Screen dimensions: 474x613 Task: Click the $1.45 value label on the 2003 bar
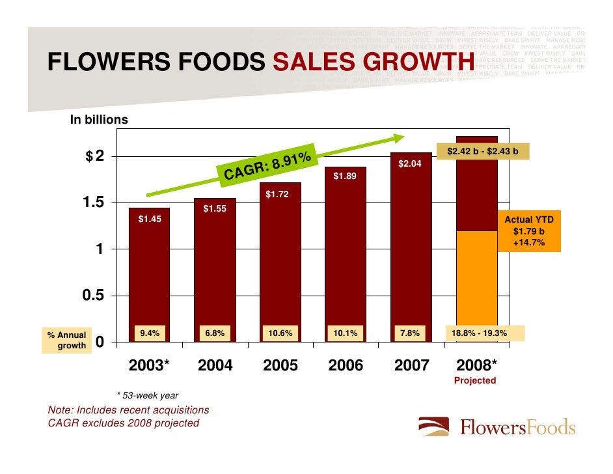(x=150, y=219)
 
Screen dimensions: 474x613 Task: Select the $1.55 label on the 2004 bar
(x=215, y=209)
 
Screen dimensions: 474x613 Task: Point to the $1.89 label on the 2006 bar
(x=345, y=176)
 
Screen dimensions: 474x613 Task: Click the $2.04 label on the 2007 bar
(x=410, y=163)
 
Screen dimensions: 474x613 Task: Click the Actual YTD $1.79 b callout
(x=529, y=232)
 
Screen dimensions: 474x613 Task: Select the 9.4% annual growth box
(x=150, y=333)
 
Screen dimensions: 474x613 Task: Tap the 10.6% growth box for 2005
(x=280, y=333)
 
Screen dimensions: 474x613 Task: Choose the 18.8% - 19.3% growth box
(x=484, y=333)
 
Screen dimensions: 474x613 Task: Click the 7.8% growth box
(x=410, y=333)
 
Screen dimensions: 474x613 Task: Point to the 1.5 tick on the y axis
(x=92, y=203)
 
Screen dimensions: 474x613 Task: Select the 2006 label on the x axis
(x=346, y=365)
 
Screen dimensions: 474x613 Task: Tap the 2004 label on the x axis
(x=215, y=365)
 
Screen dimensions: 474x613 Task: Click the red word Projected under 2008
(x=474, y=380)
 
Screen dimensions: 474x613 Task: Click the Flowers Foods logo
(x=497, y=427)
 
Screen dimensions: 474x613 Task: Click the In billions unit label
(x=99, y=120)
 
